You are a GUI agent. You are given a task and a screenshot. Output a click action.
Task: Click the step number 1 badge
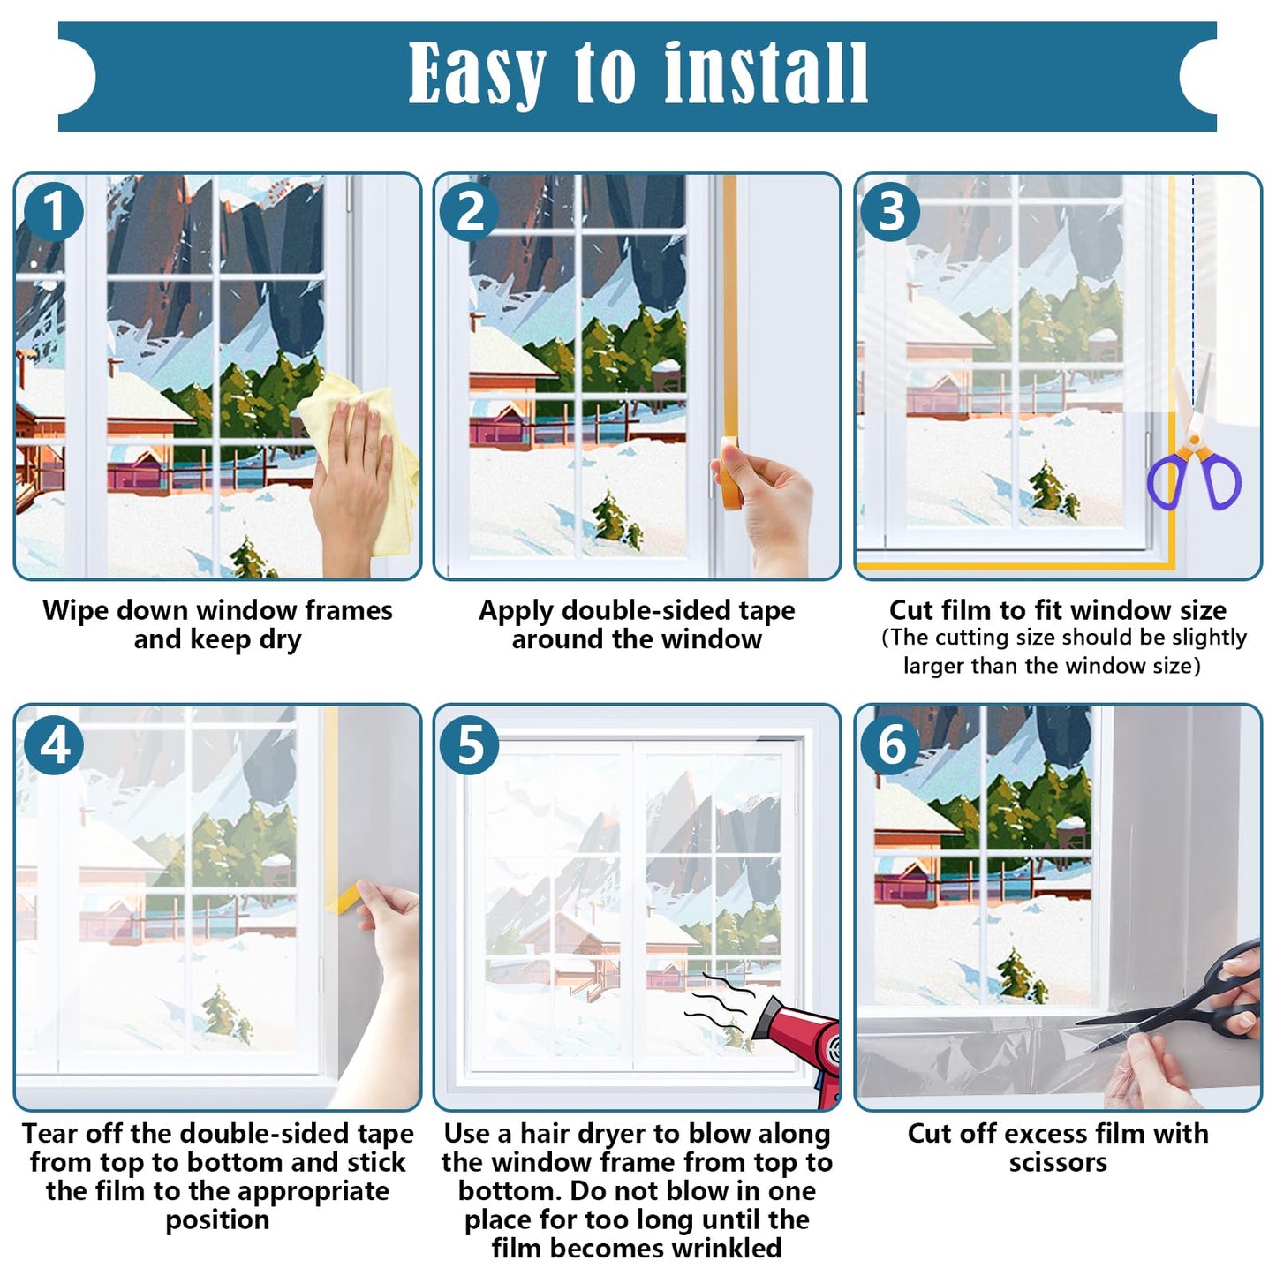pyautogui.click(x=53, y=213)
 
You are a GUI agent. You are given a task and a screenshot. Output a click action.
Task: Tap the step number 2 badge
pyautogui.click(x=470, y=213)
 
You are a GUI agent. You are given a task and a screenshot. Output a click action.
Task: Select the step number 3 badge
pyautogui.click(x=891, y=213)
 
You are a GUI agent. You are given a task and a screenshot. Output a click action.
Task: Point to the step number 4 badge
pyautogui.click(x=53, y=744)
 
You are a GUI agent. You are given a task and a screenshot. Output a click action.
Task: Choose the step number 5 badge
pyautogui.click(x=470, y=744)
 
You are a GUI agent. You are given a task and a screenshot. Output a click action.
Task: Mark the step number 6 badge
pyautogui.click(x=891, y=744)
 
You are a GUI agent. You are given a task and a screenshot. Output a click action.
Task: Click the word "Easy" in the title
pyautogui.click(x=477, y=75)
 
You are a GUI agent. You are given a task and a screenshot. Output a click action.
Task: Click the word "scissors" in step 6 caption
pyautogui.click(x=1057, y=1162)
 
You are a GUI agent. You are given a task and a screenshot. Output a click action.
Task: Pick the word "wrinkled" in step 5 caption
pyautogui.click(x=726, y=1248)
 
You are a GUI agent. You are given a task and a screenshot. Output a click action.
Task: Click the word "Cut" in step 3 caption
pyautogui.click(x=910, y=610)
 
